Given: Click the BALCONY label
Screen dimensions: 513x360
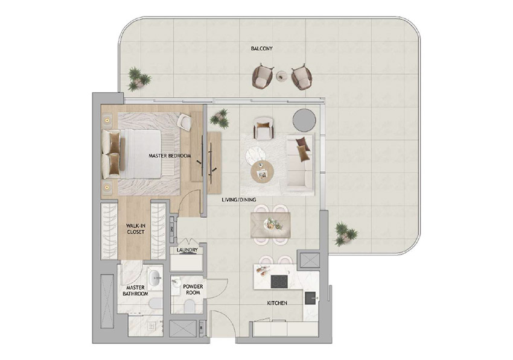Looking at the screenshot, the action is click(261, 48).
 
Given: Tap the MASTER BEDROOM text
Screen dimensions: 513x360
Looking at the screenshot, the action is click(170, 156).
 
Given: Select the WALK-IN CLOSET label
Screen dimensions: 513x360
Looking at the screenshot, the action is click(135, 229).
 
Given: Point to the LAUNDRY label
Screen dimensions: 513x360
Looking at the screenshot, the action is click(187, 250).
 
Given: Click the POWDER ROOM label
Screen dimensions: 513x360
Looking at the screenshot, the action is click(193, 289).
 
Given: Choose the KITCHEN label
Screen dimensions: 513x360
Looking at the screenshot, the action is click(277, 303).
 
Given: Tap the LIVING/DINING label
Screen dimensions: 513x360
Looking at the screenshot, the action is click(239, 200).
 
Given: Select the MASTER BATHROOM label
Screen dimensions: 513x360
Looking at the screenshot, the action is click(135, 291).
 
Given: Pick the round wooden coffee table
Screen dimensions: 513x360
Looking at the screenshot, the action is click(262, 172).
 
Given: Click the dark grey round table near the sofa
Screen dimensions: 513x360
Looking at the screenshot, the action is click(304, 119).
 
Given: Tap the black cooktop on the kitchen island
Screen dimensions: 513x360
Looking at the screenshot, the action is click(279, 282).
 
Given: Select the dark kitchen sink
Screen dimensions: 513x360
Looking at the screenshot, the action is click(311, 298).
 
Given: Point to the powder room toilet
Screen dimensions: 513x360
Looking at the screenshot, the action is click(189, 307).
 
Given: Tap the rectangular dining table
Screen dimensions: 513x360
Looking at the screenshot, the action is click(270, 225).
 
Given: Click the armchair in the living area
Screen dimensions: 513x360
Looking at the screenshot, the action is click(264, 128).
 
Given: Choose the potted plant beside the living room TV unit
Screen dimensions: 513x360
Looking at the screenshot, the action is click(220, 118).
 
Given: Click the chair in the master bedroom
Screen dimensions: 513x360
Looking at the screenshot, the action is click(184, 122).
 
